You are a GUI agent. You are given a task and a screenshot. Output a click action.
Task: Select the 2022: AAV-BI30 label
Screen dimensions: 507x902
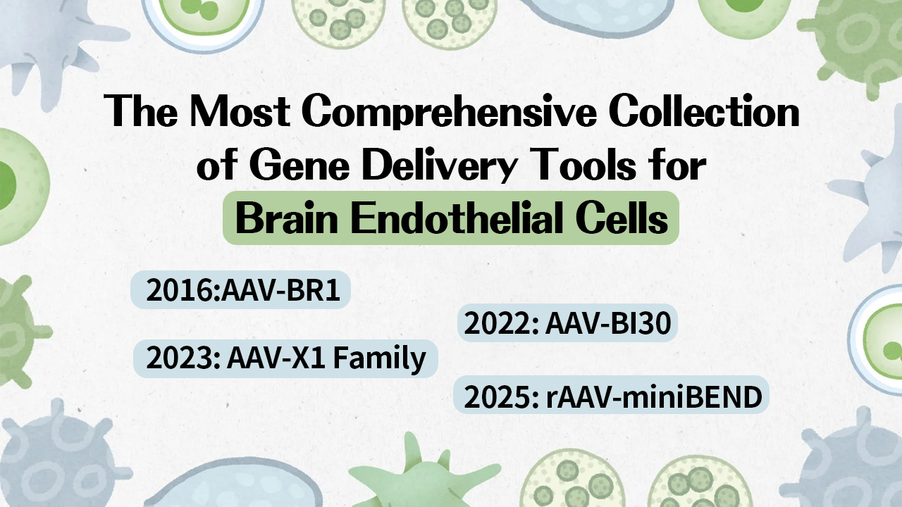coord(567,324)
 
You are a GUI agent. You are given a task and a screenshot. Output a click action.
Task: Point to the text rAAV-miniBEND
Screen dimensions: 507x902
coord(654,397)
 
